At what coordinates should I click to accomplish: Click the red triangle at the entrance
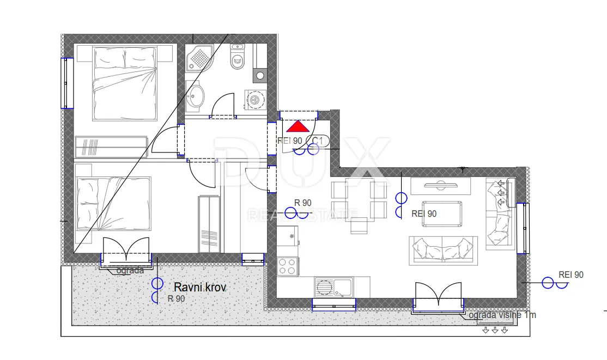pos(298,126)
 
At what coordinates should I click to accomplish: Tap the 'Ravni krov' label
pos(200,287)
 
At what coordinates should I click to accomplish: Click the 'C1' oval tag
pos(318,141)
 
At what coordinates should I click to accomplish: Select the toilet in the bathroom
pos(237,57)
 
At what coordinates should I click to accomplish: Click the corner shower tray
pos(199,58)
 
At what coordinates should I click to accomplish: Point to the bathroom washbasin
pos(196,95)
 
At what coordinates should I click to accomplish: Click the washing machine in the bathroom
pos(256,100)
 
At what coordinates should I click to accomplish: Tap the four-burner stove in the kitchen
pos(287,266)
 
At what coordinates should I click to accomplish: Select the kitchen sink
pos(333,287)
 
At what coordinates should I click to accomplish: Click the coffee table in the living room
pos(442,213)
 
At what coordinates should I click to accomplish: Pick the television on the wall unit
pos(441,185)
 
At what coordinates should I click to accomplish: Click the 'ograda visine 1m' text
pos(502,315)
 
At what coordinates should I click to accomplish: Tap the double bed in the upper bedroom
pos(125,83)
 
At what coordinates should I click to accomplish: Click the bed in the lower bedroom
pos(113,204)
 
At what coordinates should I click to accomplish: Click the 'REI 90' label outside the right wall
pos(570,275)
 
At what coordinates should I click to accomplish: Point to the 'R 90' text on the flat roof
pos(176,299)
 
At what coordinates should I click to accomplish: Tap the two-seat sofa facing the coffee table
pos(443,250)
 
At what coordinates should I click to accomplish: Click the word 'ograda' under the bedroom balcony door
pos(130,270)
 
